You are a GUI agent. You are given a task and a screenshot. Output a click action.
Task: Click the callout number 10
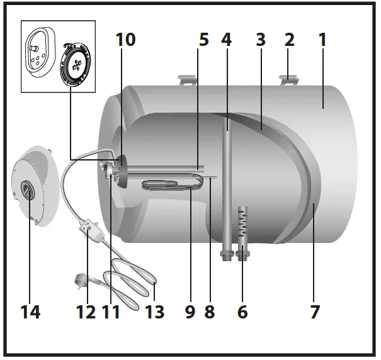[126, 40]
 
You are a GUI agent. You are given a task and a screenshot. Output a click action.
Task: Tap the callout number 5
[203, 40]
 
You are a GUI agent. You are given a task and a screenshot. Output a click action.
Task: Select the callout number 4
[227, 40]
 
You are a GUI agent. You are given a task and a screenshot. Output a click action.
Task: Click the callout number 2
[290, 40]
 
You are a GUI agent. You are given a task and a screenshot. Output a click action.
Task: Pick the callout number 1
[323, 40]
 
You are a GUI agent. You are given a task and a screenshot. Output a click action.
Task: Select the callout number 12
[86, 311]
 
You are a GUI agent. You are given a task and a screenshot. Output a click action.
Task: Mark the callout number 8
[210, 311]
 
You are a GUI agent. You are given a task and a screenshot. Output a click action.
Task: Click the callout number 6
[242, 311]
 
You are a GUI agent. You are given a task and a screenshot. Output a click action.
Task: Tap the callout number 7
[315, 311]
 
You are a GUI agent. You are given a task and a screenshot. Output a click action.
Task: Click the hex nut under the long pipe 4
[225, 254]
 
